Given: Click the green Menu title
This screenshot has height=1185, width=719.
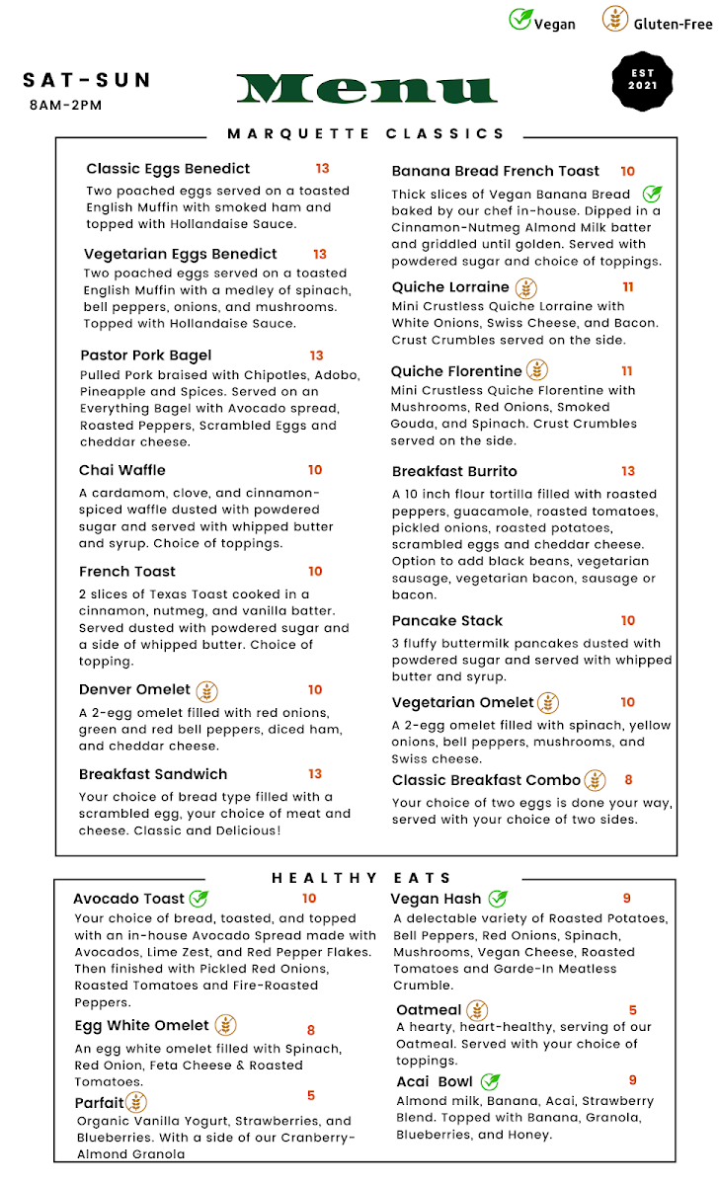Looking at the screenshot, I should click(366, 88).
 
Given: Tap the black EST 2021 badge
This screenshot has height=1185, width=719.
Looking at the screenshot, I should click(643, 80).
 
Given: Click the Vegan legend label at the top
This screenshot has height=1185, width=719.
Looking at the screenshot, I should click(554, 24).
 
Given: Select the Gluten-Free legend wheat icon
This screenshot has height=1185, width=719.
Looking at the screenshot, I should click(615, 19).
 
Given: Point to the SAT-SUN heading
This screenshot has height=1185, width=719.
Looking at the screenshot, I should click(87, 80).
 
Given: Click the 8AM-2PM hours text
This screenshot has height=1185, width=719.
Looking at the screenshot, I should click(66, 105).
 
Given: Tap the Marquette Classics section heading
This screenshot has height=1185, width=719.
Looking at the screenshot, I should click(366, 133).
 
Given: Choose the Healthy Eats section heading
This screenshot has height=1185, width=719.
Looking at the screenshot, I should click(361, 877).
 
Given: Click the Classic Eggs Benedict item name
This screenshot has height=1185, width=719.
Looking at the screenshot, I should click(168, 169).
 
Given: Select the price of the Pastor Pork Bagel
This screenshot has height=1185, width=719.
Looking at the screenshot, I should click(316, 355).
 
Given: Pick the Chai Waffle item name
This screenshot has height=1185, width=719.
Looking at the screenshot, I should click(122, 470).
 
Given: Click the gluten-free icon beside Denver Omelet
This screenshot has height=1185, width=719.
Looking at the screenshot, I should click(206, 690).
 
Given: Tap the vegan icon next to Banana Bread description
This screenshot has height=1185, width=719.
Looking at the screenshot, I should click(652, 194).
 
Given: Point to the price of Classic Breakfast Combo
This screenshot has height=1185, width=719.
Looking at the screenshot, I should click(628, 780).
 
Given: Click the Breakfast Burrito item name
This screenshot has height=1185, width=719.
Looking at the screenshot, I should click(454, 471).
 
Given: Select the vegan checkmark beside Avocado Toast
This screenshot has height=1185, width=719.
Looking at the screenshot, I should click(199, 899).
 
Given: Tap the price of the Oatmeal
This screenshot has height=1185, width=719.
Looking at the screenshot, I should click(633, 1010).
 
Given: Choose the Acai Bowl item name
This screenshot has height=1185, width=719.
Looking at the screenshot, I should click(435, 1081).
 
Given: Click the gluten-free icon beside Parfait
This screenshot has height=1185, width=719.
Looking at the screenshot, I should click(136, 1102).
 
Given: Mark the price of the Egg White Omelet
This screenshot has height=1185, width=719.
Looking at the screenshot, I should click(311, 1030).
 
